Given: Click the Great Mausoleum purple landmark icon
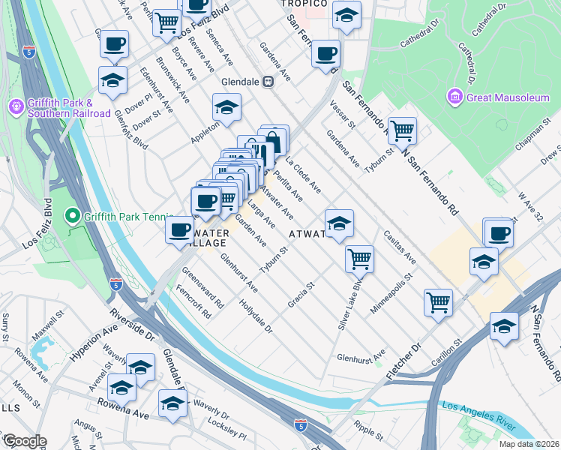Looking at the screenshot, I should pyautogui.click(x=454, y=97).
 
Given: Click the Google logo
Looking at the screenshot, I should pyautogui.click(x=24, y=441).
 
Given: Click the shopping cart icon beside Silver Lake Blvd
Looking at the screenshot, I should pyautogui.click(x=360, y=259).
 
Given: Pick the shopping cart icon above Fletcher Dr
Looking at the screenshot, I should pyautogui.click(x=438, y=303).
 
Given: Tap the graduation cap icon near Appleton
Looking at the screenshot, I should pyautogui.click(x=226, y=107).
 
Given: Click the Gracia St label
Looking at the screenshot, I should pyautogui.click(x=300, y=295).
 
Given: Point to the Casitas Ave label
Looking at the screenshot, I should pyautogui.click(x=400, y=247).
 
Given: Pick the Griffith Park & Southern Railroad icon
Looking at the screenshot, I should pyautogui.click(x=16, y=108).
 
